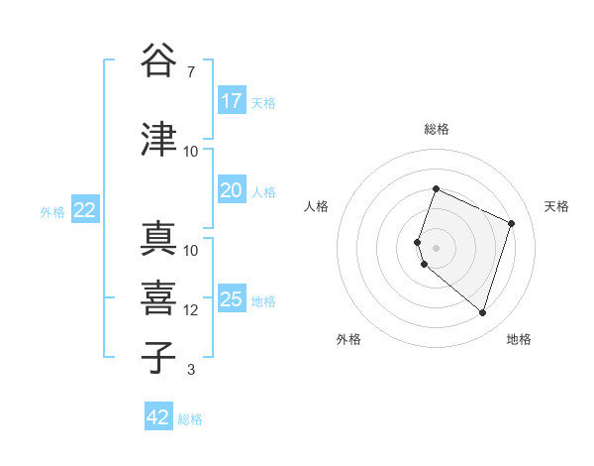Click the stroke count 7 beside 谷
pos(191,71)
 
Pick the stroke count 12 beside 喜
pos(191,310)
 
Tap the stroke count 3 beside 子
pos(191,370)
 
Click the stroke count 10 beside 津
pos(191,151)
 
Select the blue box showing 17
pos(232,101)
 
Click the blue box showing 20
pos(232,191)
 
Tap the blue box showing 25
pos(232,300)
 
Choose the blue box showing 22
pos(85,210)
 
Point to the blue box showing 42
pos(158,417)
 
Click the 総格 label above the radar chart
pos(437,129)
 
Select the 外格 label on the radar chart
pos(348,339)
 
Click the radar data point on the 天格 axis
pos(512,223)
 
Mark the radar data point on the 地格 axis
pos(483,312)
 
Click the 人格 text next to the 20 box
pos(263,192)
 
